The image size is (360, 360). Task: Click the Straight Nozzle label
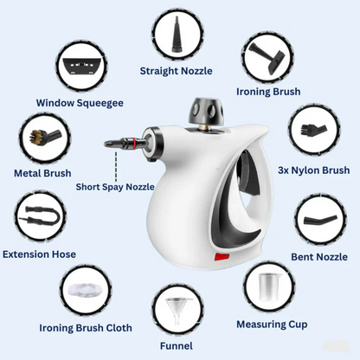[x=176, y=71]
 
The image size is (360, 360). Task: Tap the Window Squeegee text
[x=80, y=102]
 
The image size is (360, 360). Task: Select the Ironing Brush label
[x=268, y=91]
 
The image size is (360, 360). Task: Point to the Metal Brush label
[x=42, y=173]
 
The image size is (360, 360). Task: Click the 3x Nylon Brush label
[x=313, y=170]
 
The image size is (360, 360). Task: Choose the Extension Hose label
[x=39, y=254]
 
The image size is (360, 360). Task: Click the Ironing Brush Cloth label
[x=86, y=328]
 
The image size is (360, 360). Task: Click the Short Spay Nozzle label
[x=115, y=186]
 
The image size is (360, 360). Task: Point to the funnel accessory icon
[x=177, y=309]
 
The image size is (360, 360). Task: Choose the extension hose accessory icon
[x=39, y=217]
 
